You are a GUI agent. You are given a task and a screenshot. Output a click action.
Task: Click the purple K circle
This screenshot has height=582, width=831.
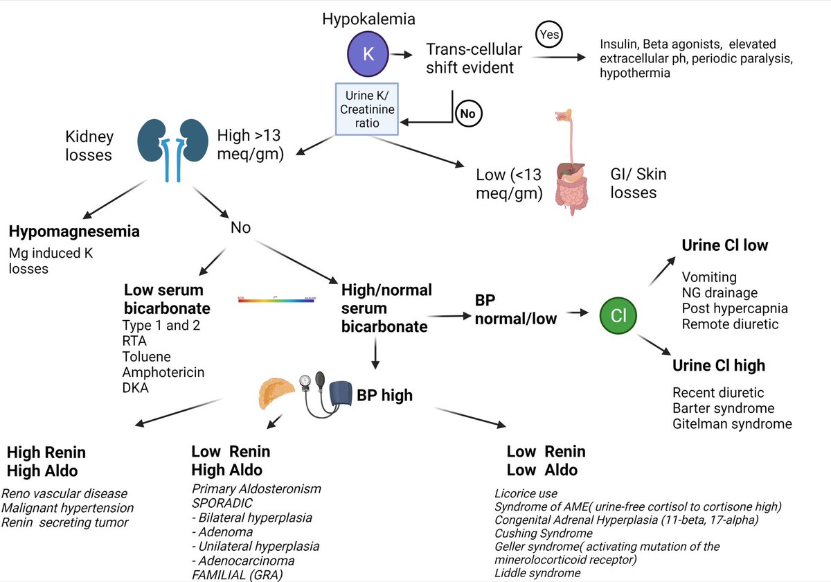coord(368,54)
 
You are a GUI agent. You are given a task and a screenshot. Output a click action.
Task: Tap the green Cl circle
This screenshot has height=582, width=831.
coord(619,316)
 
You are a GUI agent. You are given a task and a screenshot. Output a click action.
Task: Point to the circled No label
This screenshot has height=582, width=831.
coord(468,113)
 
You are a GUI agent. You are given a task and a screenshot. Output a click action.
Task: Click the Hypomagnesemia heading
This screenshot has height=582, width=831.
coord(74,231)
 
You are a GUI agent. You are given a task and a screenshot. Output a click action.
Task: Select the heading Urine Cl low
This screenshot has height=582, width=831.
coord(724,245)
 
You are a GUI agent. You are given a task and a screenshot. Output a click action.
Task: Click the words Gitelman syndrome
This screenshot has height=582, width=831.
coord(732,423)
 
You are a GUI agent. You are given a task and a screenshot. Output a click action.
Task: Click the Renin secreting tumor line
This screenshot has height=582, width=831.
coord(65,522)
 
